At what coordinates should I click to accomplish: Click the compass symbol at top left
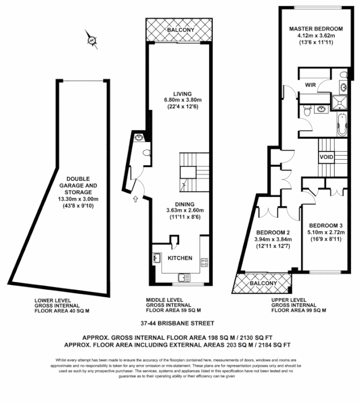(x=91, y=40)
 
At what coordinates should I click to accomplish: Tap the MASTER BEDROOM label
(x=316, y=29)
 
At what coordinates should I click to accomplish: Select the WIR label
(x=310, y=85)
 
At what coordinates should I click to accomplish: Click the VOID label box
(x=326, y=157)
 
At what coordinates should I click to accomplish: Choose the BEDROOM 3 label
(x=326, y=225)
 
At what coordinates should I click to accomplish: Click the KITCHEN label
(x=180, y=258)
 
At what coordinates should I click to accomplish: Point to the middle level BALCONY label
(x=180, y=31)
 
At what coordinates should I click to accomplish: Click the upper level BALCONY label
(x=263, y=284)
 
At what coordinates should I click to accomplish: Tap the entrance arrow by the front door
(x=135, y=200)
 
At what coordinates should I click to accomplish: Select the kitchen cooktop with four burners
(x=205, y=262)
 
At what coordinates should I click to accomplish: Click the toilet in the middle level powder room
(x=146, y=152)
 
